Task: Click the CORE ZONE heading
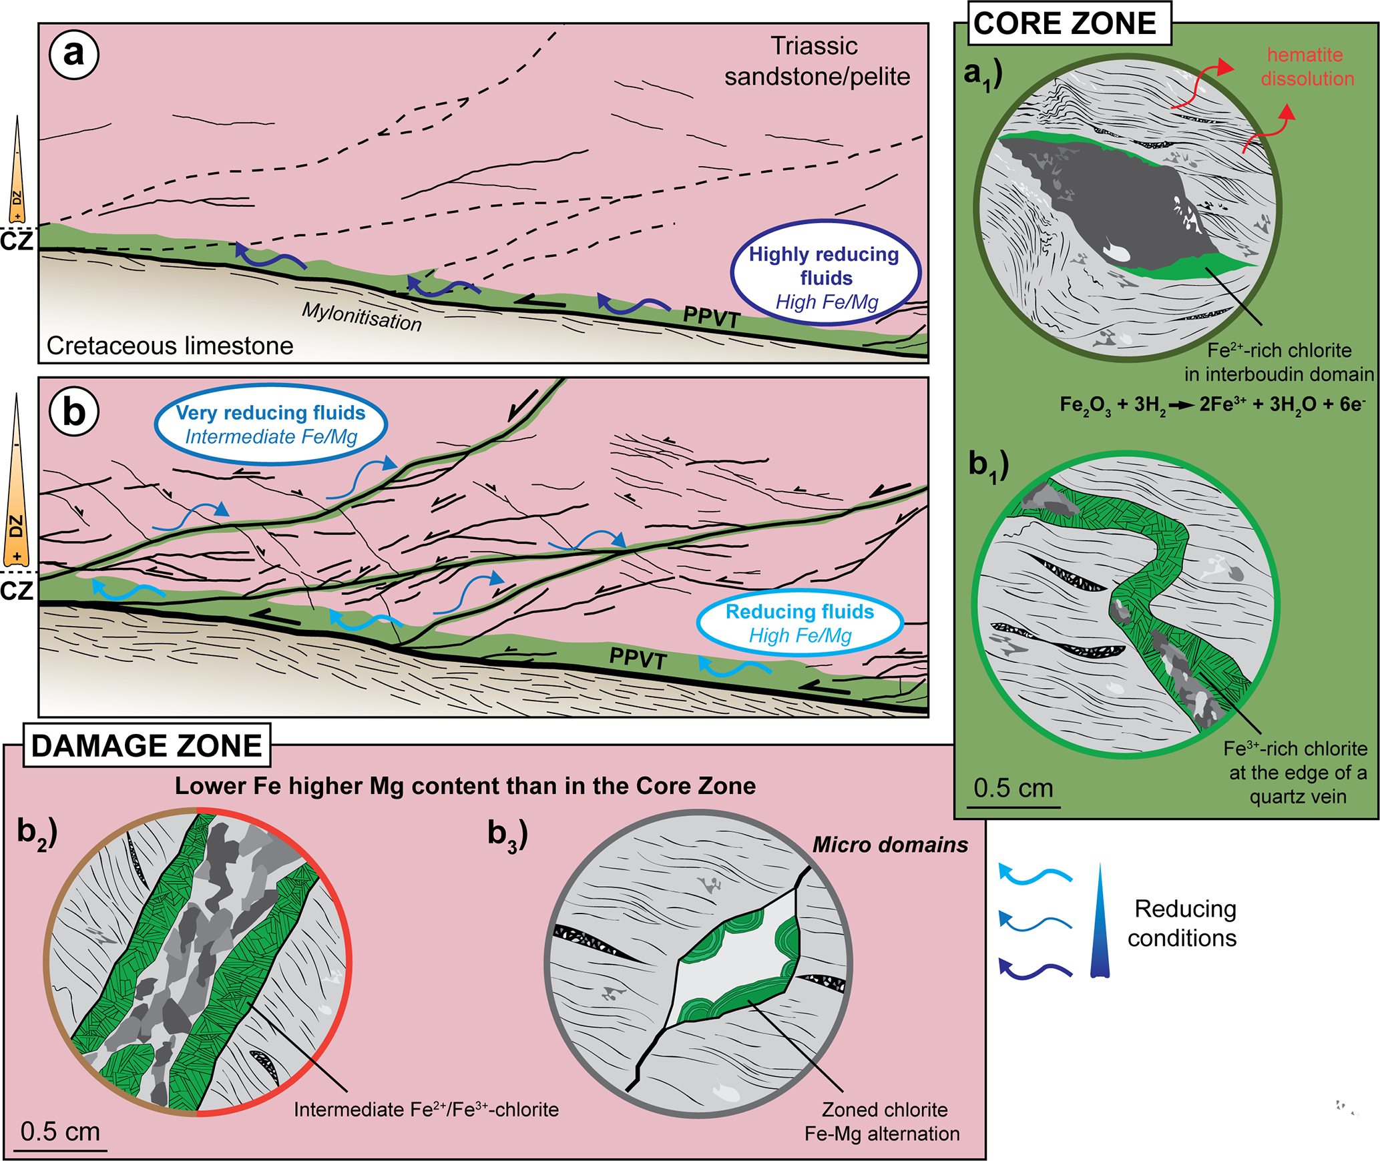pyautogui.click(x=1064, y=24)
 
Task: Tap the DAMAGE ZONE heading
pyautogui.click(x=146, y=746)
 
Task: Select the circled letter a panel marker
pyautogui.click(x=73, y=54)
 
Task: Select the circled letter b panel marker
pyautogui.click(x=73, y=412)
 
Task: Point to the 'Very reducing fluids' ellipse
pyautogui.click(x=271, y=424)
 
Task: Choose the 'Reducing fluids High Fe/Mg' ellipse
pyautogui.click(x=800, y=623)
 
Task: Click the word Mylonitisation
pyautogui.click(x=361, y=316)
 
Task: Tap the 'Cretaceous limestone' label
pyautogui.click(x=170, y=346)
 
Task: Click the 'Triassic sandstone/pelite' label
pyautogui.click(x=817, y=61)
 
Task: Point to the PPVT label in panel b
pyautogui.click(x=638, y=659)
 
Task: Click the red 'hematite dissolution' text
pyautogui.click(x=1307, y=67)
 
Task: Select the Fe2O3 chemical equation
pyautogui.click(x=1211, y=404)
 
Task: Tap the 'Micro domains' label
pyautogui.click(x=890, y=845)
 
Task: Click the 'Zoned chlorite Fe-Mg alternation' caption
pyautogui.click(x=883, y=1122)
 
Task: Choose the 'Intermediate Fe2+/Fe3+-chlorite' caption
pyautogui.click(x=426, y=1110)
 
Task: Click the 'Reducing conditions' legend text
pyautogui.click(x=1183, y=923)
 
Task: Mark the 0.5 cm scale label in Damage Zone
pyautogui.click(x=60, y=1132)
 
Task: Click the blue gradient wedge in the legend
pyautogui.click(x=1100, y=924)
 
